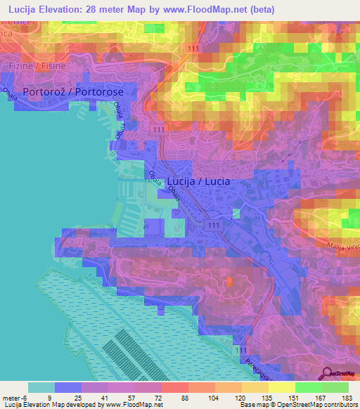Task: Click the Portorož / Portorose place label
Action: [73, 92]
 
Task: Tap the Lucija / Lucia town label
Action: [199, 181]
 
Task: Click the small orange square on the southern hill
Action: [230, 282]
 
